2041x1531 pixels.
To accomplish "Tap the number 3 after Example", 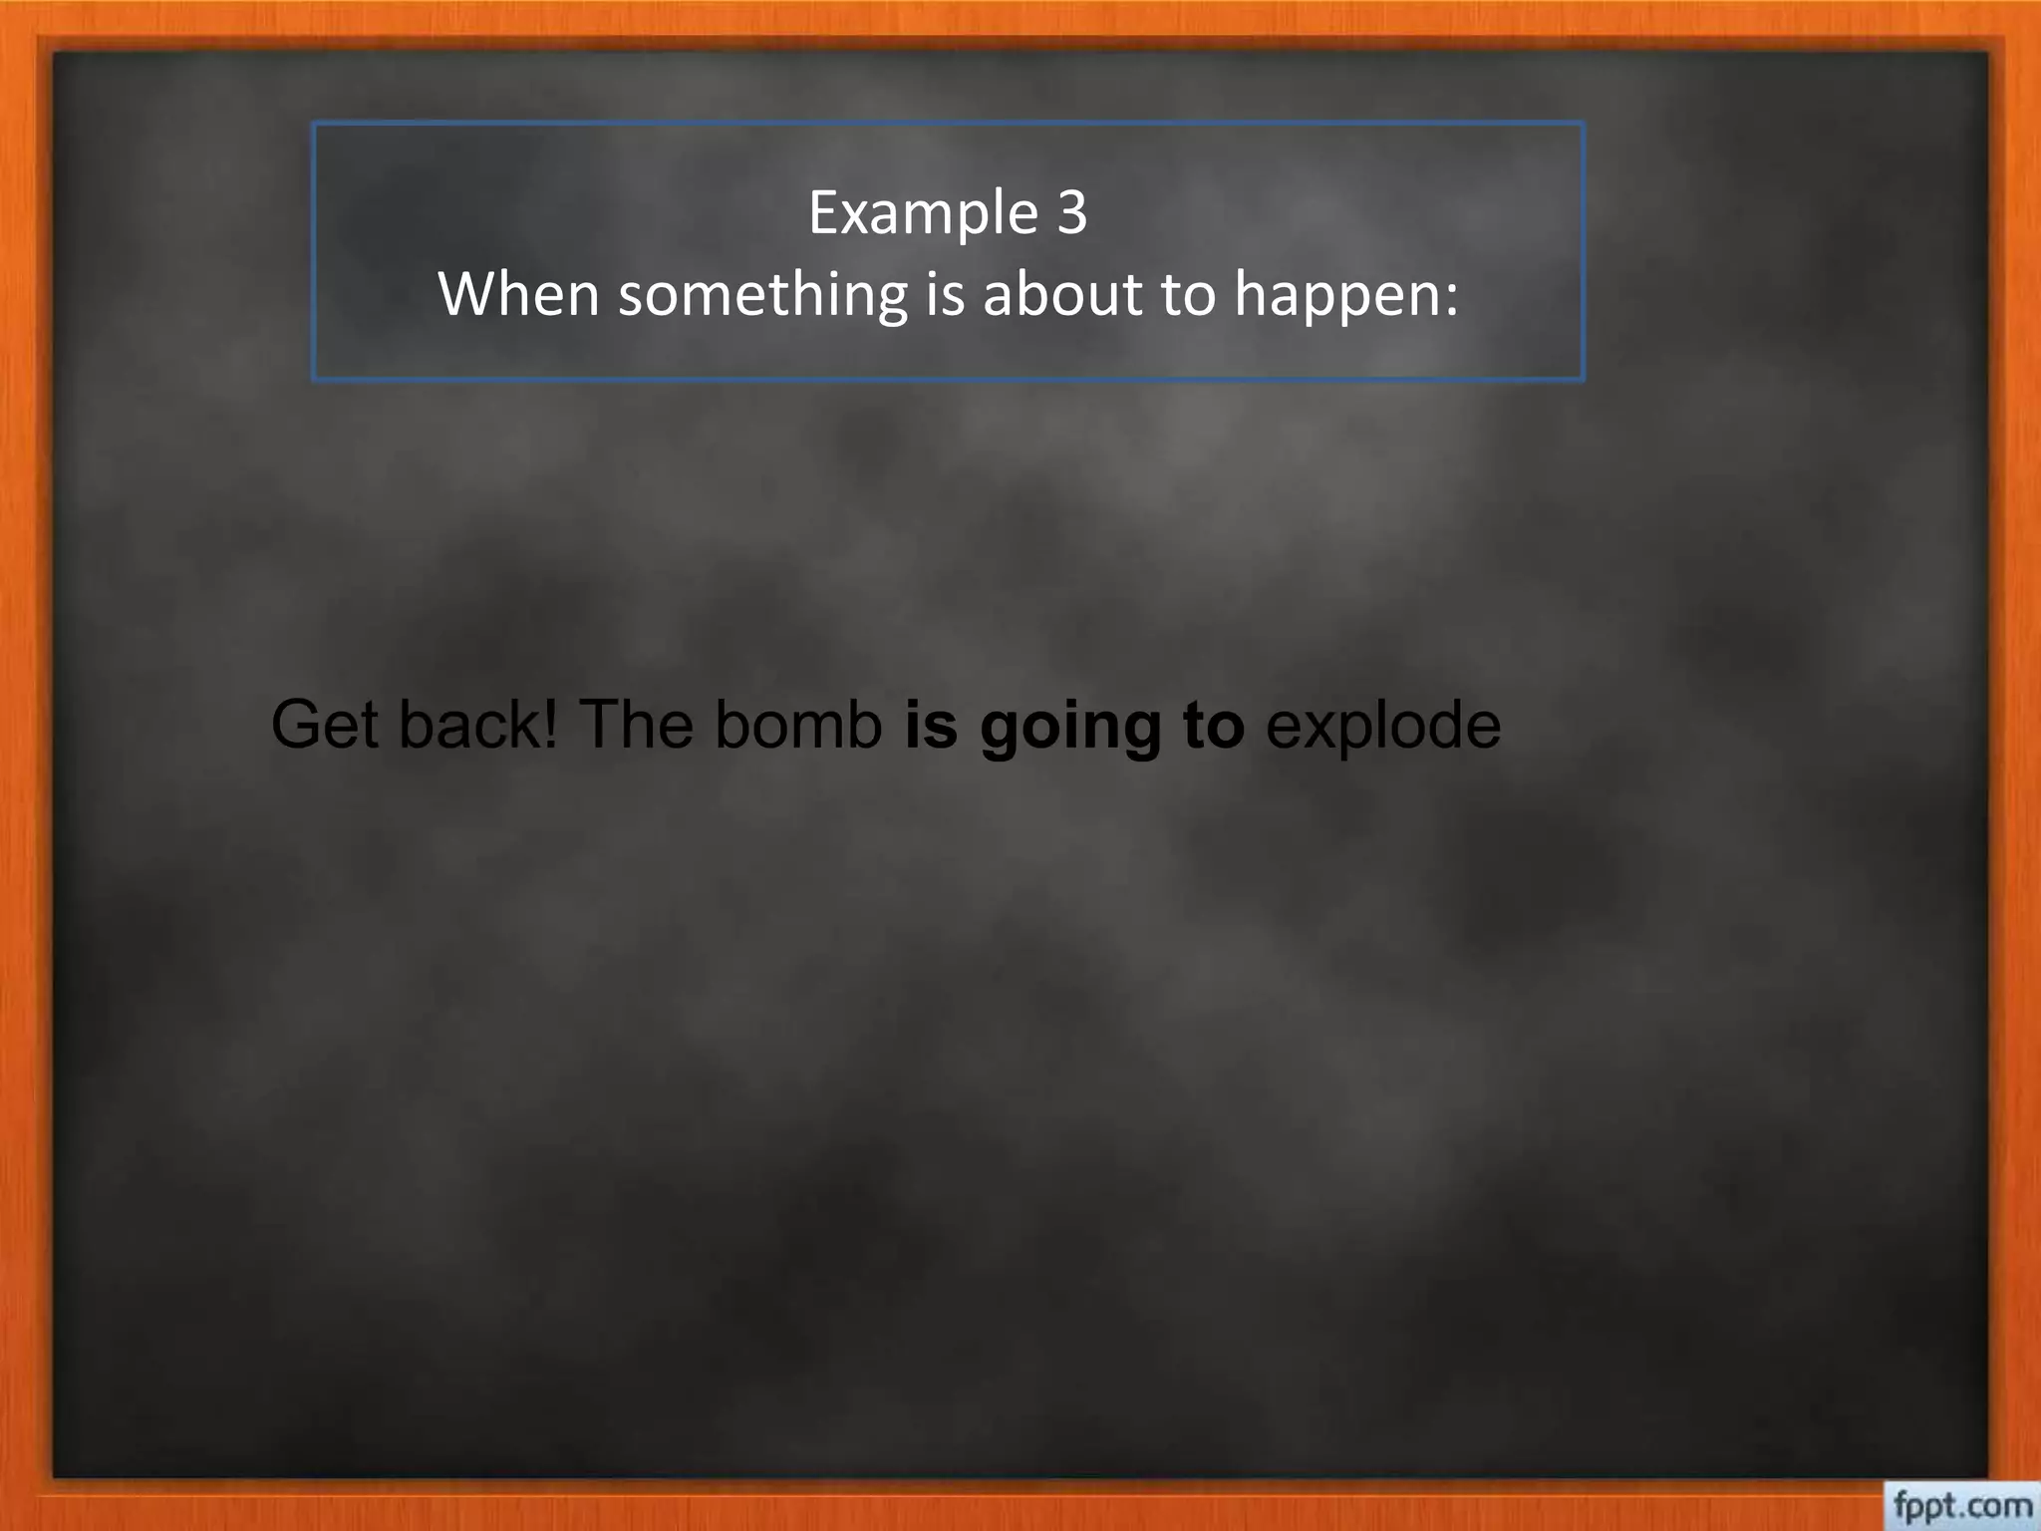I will (x=1071, y=212).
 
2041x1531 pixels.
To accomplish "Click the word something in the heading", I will (x=762, y=296).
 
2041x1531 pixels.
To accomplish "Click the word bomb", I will (x=798, y=725).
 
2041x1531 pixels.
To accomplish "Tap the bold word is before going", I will (x=932, y=725).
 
